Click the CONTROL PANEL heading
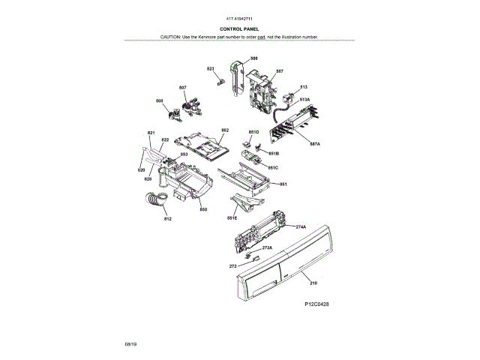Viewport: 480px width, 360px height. (x=240, y=28)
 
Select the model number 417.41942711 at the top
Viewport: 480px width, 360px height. (x=240, y=18)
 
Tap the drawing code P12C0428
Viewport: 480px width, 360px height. (x=317, y=304)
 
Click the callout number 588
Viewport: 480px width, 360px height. (x=254, y=58)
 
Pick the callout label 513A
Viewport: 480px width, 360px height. (x=304, y=99)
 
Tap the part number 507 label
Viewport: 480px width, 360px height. (x=183, y=88)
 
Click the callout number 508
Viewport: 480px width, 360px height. (x=159, y=100)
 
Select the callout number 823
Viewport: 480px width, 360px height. (x=211, y=69)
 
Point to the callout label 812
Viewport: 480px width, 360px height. (x=168, y=219)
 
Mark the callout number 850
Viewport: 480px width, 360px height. (x=202, y=209)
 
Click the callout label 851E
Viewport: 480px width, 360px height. (x=232, y=218)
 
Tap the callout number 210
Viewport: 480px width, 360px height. (x=313, y=283)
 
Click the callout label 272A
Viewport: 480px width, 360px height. (x=266, y=247)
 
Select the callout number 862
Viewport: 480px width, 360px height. (x=224, y=130)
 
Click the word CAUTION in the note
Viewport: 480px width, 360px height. (x=172, y=36)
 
